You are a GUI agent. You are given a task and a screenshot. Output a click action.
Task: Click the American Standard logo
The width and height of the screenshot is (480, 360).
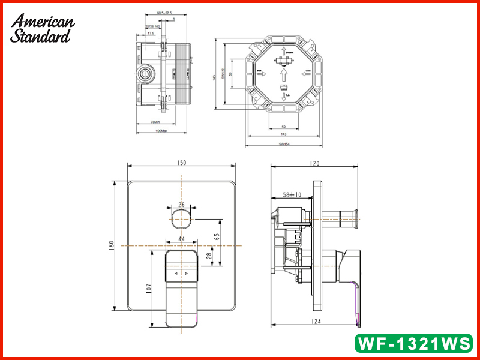point(42,29)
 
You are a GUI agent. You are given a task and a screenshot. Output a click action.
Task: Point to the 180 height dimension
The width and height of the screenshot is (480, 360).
point(110,246)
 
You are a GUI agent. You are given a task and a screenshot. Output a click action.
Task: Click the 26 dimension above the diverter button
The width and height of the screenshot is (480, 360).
point(181,205)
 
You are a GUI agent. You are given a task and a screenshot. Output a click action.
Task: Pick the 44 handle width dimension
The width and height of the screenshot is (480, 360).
point(181,239)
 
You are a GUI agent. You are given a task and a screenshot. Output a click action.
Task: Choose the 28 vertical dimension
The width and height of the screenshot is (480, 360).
point(209,256)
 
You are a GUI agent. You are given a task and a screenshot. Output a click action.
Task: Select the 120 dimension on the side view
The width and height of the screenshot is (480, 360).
point(316,163)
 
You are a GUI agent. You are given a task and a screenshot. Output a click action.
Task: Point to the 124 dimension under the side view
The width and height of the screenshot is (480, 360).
point(316,322)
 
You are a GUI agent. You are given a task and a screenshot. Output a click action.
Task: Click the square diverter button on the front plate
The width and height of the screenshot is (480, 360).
point(181,219)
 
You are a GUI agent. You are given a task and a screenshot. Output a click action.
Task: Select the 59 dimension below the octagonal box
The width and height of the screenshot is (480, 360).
point(283,127)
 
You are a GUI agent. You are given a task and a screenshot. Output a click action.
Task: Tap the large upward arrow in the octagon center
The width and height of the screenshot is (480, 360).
point(283,74)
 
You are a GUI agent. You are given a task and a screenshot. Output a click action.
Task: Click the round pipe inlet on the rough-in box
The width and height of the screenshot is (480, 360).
point(145,76)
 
